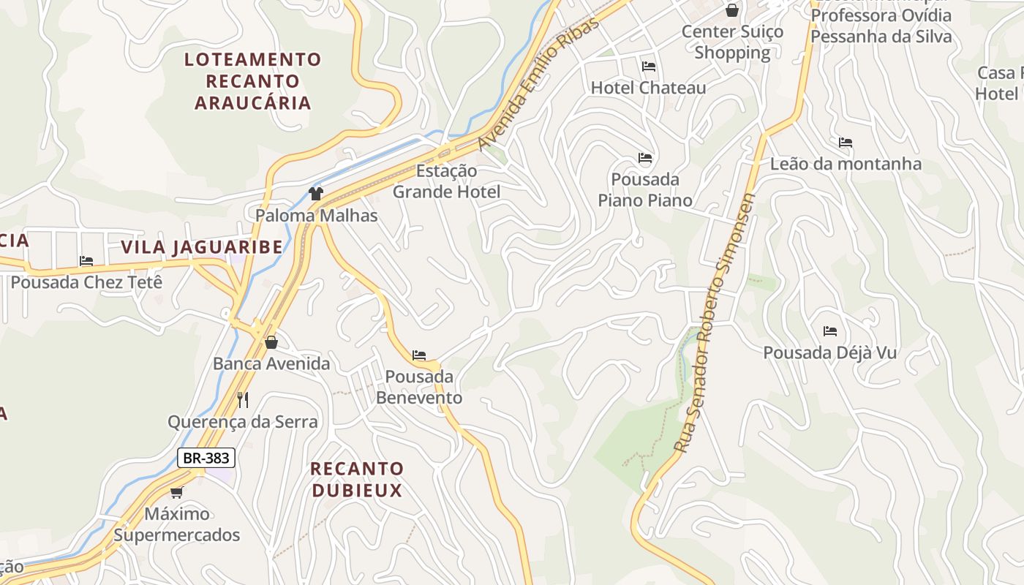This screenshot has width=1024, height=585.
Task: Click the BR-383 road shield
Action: pyautogui.click(x=206, y=458)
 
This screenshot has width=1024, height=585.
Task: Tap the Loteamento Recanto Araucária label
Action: pyautogui.click(x=252, y=80)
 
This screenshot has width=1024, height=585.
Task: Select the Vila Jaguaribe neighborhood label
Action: pyautogui.click(x=202, y=247)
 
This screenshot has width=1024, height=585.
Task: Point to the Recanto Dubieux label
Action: pyautogui.click(x=357, y=479)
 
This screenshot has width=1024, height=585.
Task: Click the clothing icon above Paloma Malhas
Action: pyautogui.click(x=316, y=194)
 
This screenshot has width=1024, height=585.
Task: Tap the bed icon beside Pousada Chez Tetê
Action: pyautogui.click(x=86, y=261)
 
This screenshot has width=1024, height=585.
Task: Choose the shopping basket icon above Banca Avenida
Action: pyautogui.click(x=271, y=342)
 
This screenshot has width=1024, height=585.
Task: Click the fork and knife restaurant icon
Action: pyautogui.click(x=243, y=399)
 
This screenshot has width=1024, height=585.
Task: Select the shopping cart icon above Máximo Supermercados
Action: pyautogui.click(x=176, y=492)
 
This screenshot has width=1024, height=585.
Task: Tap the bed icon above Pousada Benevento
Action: pyautogui.click(x=419, y=355)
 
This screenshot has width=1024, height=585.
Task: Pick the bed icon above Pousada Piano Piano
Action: pyautogui.click(x=645, y=158)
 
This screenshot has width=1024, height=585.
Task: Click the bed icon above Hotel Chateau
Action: pyautogui.click(x=648, y=67)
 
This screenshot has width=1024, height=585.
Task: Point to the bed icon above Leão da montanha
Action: pyautogui.click(x=846, y=143)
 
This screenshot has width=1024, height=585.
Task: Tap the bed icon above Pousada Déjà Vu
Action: pyautogui.click(x=829, y=331)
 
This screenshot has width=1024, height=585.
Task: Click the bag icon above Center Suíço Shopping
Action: pyautogui.click(x=731, y=10)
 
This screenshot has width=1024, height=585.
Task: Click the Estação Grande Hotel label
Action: pyautogui.click(x=447, y=181)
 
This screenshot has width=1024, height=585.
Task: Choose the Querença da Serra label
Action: pyautogui.click(x=243, y=422)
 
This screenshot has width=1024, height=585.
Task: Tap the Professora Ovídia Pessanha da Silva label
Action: pyautogui.click(x=881, y=26)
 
